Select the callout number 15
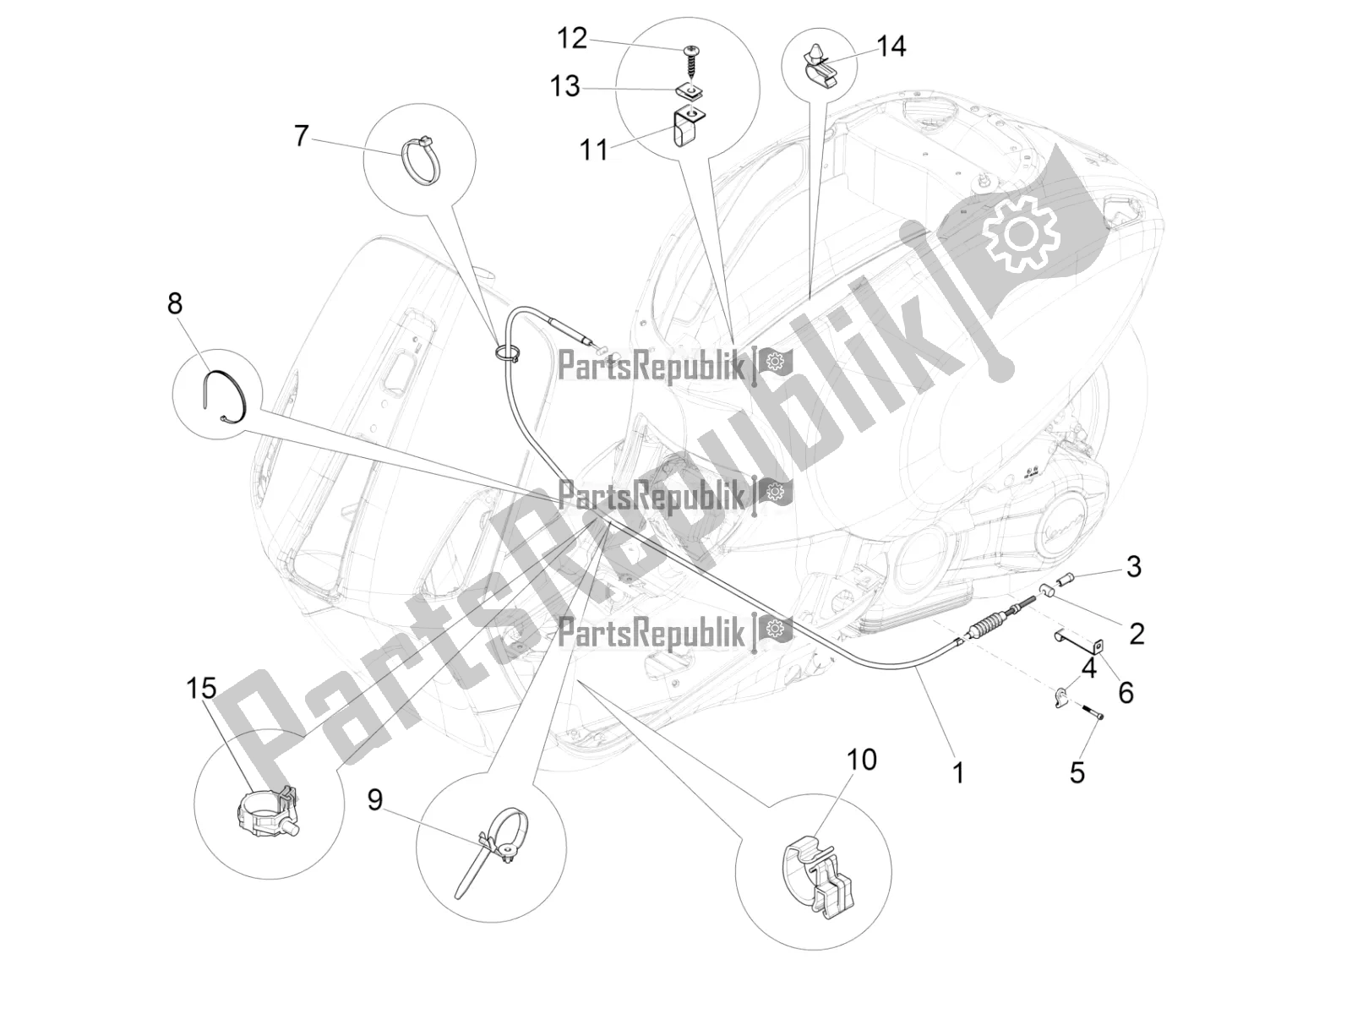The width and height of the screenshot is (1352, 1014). (x=201, y=689)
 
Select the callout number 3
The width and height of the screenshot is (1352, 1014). (x=1133, y=566)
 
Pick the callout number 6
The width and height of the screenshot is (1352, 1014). (x=1126, y=693)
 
